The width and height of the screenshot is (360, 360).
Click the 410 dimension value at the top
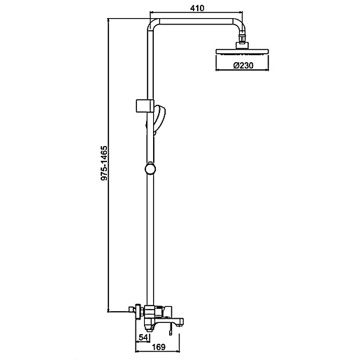[x=197, y=8]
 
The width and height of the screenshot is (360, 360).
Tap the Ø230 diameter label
[x=243, y=66]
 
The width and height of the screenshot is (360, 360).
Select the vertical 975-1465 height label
[x=104, y=163]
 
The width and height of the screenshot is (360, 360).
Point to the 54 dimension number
[x=143, y=337]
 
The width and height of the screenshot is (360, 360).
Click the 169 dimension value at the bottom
[x=159, y=347]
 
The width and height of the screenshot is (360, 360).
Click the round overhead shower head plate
[x=243, y=52]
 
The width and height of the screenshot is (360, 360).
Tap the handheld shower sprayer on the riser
[x=159, y=120]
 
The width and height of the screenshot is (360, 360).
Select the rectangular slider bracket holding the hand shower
[x=144, y=106]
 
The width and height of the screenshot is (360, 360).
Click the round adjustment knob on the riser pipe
[x=150, y=169]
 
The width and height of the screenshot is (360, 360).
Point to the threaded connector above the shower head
[x=243, y=37]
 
